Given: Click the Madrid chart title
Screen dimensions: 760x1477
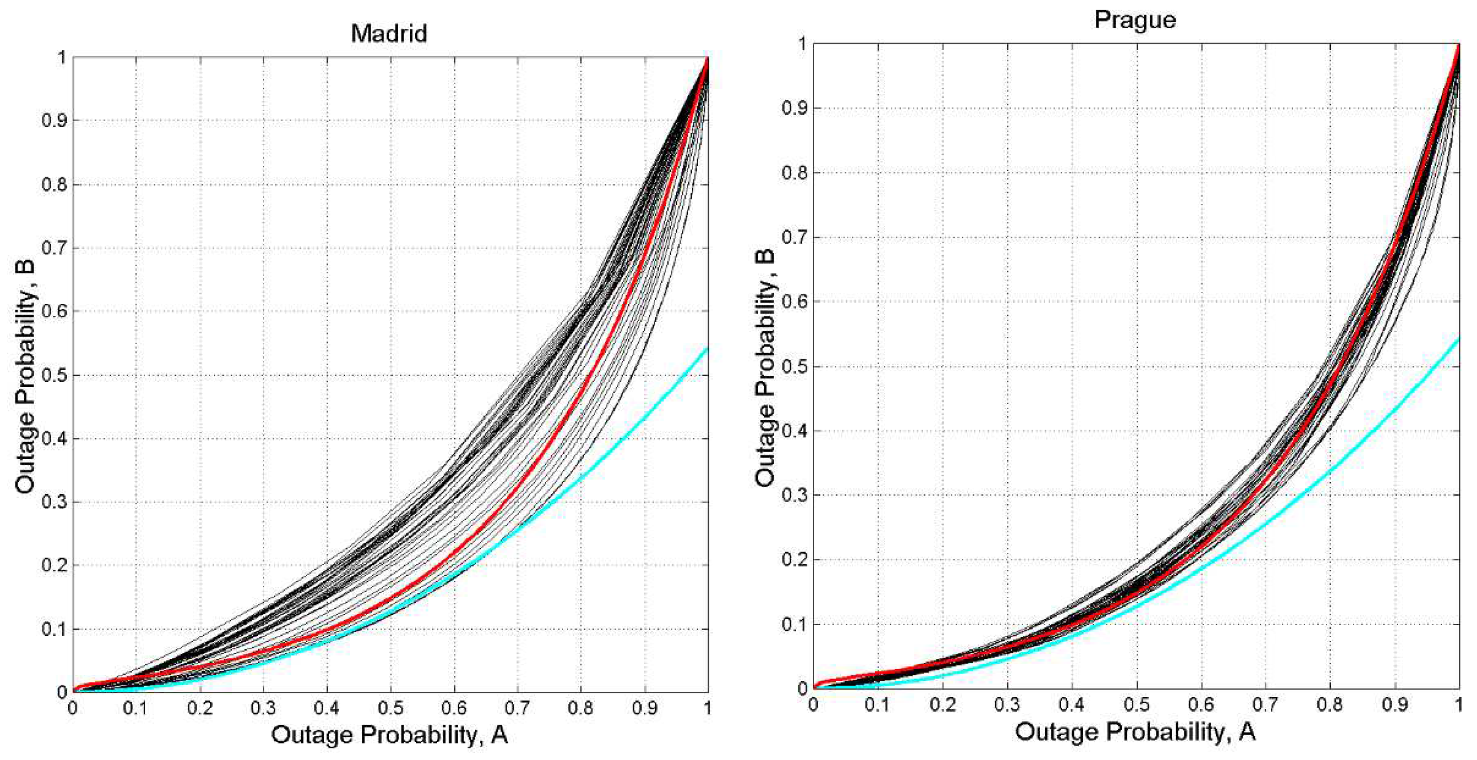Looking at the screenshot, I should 389,33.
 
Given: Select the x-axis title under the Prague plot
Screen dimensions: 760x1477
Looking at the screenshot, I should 1135,732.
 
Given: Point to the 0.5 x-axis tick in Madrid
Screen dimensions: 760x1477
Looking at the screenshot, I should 391,708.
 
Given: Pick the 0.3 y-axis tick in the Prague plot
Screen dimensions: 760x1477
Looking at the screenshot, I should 795,495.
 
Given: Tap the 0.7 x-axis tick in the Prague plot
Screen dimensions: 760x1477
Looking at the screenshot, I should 1265,704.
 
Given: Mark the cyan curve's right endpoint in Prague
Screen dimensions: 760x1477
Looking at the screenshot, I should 1459,338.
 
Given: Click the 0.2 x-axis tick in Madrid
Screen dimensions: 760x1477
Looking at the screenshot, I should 200,708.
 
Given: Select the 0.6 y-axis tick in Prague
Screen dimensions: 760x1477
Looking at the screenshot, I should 795,302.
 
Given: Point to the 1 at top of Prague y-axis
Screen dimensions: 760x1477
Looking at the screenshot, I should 802,44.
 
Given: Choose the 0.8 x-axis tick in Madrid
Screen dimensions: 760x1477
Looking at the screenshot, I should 581,708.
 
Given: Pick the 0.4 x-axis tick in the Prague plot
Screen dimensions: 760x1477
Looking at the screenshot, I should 1071,704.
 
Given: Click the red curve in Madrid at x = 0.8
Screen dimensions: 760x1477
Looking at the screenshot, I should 581,391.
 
